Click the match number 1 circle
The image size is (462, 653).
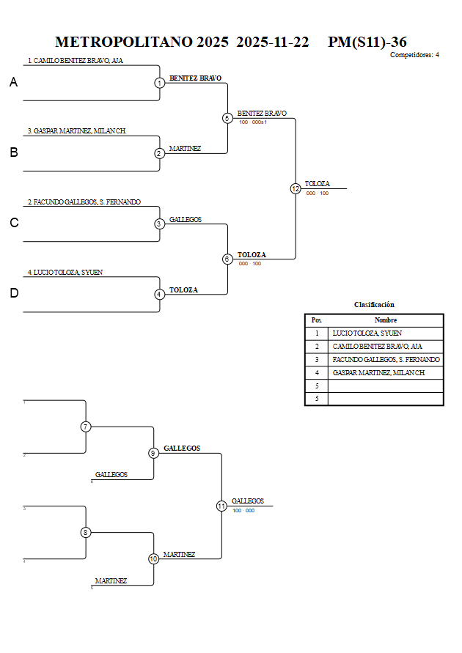[159, 83]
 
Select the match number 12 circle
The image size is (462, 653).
[296, 188]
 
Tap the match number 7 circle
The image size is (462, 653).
[86, 427]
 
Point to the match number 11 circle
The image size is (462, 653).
[221, 506]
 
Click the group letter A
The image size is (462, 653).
[13, 83]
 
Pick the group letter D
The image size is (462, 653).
[13, 293]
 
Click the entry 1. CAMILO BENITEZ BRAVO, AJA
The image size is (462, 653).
[75, 61]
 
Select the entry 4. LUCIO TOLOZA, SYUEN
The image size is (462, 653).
[65, 272]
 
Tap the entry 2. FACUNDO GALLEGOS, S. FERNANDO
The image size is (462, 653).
[84, 202]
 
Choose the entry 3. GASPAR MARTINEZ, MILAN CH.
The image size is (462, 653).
[76, 130]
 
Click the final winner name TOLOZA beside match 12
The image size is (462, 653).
[317, 184]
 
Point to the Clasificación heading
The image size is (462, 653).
[374, 304]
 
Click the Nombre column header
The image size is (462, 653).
[385, 320]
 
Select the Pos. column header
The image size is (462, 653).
[316, 320]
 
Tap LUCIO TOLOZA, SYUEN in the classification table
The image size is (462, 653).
[367, 333]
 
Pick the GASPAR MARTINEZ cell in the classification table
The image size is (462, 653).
[378, 372]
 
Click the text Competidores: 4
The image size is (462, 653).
[414, 55]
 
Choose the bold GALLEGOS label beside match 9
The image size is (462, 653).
[182, 448]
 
